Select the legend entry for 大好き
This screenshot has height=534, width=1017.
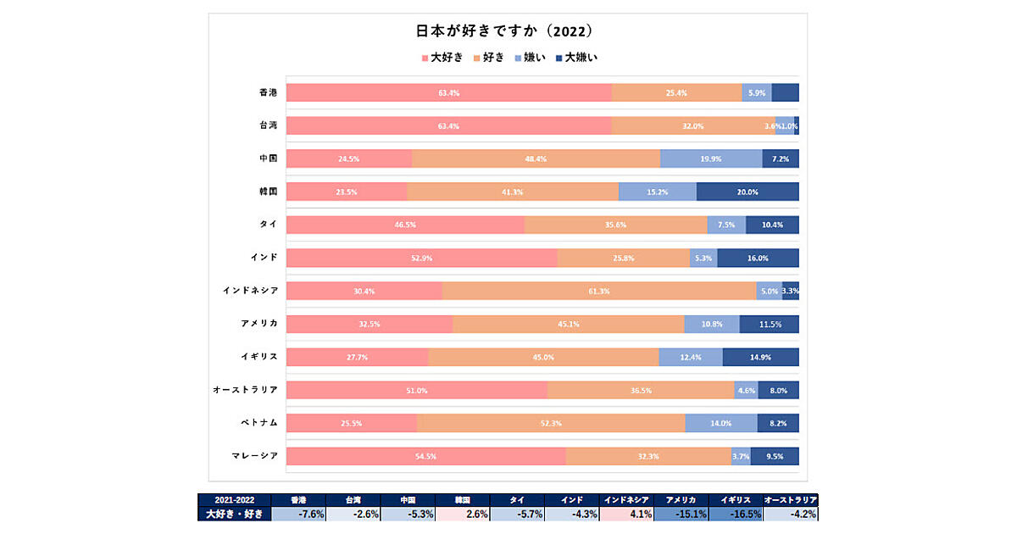coord(442,58)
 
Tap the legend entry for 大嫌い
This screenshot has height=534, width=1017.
coord(576,58)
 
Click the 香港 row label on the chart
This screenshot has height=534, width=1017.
coord(268,92)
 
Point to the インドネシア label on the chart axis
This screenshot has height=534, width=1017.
coord(250,291)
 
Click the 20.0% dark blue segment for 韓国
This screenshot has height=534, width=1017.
coord(747,192)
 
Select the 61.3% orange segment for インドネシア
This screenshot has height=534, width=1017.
coord(598,291)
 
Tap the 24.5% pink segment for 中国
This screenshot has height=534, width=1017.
coord(348,159)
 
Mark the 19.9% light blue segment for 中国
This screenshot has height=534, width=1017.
coord(711,159)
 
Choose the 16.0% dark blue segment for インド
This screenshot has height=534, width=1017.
coord(758,258)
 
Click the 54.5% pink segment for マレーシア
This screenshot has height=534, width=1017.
coord(425,456)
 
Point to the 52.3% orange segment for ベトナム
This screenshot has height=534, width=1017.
coord(551,423)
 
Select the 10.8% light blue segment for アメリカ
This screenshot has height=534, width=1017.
coord(712,324)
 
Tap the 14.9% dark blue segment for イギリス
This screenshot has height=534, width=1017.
coord(760,357)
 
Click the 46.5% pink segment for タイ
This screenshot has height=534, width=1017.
coord(405,225)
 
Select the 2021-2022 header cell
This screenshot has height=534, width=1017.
coord(234,500)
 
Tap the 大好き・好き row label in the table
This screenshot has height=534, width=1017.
coord(234,514)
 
